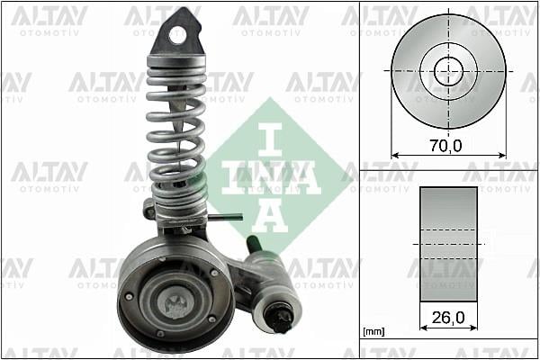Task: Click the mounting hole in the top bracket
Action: pos(177,35)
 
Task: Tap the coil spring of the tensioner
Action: pos(177,135)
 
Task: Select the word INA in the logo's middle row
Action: pos(271,178)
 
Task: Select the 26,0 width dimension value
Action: pos(447,317)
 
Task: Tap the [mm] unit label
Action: pos(373,332)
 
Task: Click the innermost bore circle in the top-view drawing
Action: pos(447,70)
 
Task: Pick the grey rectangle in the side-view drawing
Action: pos(448,244)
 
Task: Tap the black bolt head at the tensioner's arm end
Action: pos(281,318)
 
